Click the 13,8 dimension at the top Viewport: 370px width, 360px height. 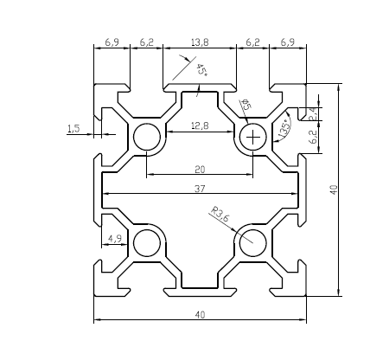pos(200,42)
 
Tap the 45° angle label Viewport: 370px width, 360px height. pos(201,70)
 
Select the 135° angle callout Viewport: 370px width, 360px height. pos(285,127)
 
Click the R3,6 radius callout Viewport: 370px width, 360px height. pos(220,214)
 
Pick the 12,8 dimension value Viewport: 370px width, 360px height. pos(200,126)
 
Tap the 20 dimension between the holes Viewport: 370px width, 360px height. pos(200,169)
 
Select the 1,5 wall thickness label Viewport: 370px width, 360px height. pos(73,128)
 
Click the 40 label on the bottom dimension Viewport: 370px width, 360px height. pos(200,316)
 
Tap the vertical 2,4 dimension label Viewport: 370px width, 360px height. pos(313,112)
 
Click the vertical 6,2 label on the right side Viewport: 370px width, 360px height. pos(313,134)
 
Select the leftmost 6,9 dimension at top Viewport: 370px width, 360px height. pos(112,42)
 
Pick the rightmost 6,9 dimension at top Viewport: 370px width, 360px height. pos(288,42)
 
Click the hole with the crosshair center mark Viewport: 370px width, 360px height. pos(253,137)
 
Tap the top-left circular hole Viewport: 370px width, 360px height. pos(146,137)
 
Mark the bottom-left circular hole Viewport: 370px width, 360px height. pos(146,242)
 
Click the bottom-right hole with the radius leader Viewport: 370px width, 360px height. pos(253,242)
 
